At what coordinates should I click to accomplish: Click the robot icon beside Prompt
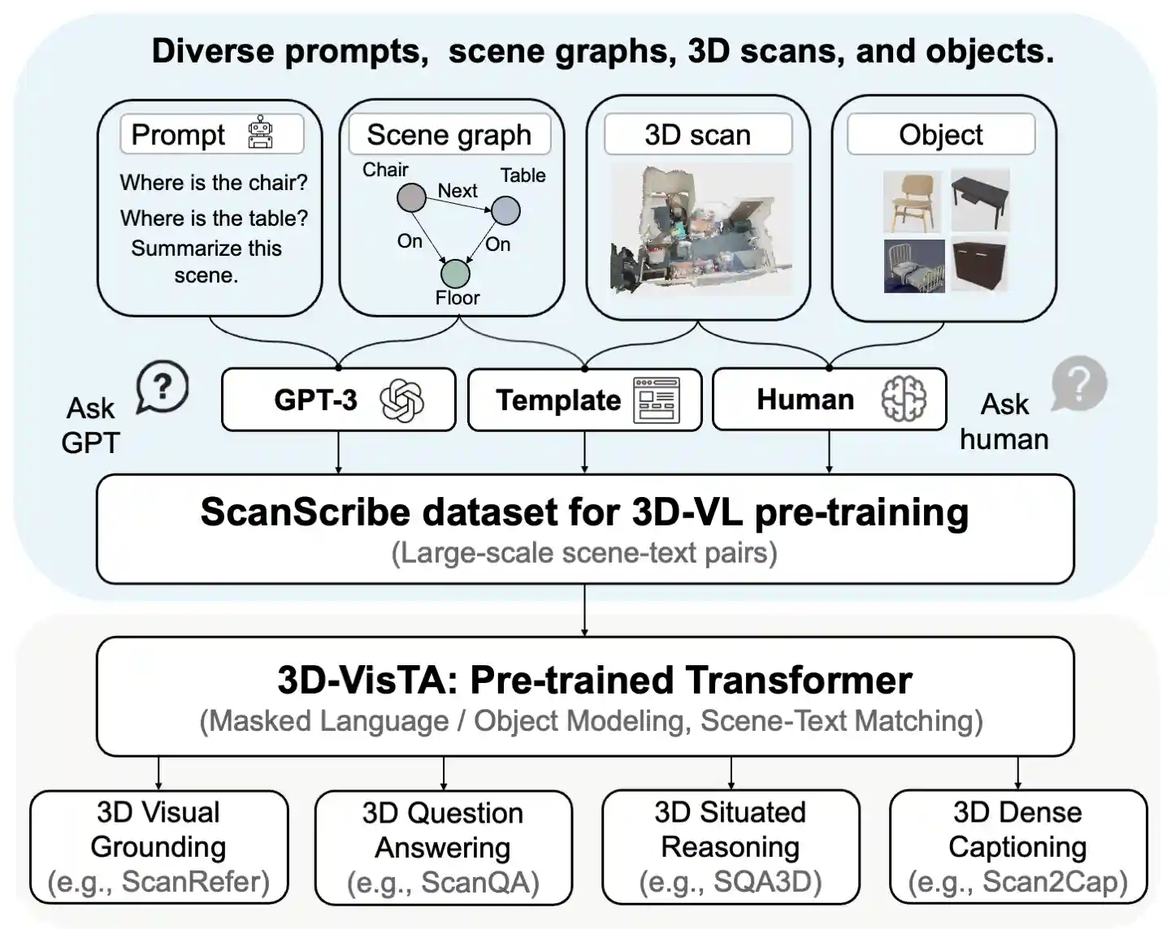[260, 132]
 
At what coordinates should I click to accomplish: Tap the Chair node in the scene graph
[411, 197]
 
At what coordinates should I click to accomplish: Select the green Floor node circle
[455, 274]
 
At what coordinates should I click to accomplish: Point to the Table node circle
[505, 210]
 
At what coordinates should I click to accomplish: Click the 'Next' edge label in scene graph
[458, 190]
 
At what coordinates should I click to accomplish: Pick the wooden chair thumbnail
[913, 202]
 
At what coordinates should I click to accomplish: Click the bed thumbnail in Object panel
[914, 266]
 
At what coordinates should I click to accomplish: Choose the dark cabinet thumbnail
[979, 265]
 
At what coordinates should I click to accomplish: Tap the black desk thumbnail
[981, 200]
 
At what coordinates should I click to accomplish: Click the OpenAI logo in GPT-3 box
[401, 400]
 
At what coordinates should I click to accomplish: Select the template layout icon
[657, 400]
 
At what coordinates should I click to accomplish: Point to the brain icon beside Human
[904, 399]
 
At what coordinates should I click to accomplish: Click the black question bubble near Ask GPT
[163, 387]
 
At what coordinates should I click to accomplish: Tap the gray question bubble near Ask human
[1078, 383]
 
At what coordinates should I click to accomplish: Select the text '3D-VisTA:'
[369, 680]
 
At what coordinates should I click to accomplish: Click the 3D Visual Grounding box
[159, 847]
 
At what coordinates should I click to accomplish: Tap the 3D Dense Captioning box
[1018, 847]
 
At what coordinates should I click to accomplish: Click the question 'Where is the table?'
[214, 218]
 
